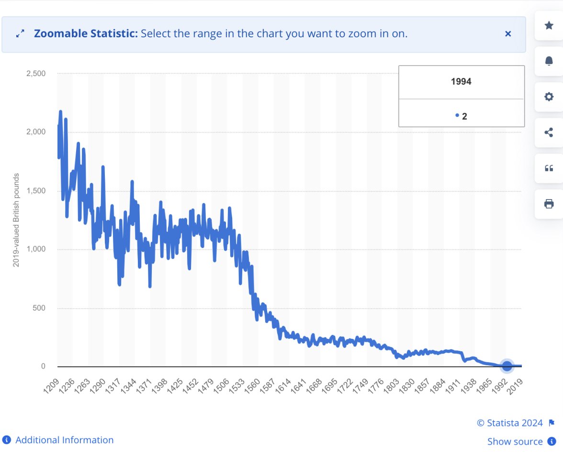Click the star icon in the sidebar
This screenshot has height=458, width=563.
click(x=549, y=25)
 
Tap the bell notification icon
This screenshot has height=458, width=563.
click(x=549, y=61)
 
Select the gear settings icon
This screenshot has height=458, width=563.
click(x=549, y=97)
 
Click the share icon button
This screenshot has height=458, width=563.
click(x=549, y=133)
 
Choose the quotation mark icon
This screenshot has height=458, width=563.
click(x=549, y=168)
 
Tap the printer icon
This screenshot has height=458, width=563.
click(x=549, y=204)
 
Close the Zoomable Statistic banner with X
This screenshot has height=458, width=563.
click(x=508, y=34)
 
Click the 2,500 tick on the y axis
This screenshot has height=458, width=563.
click(x=35, y=73)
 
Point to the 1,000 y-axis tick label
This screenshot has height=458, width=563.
click(x=35, y=249)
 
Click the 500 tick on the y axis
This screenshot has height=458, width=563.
click(x=38, y=308)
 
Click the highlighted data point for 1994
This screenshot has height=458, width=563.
click(x=507, y=367)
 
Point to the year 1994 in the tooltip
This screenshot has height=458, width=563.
click(x=461, y=82)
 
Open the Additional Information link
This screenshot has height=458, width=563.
click(x=64, y=440)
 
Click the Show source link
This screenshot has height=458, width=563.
click(x=515, y=442)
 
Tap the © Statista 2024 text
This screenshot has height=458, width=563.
click(x=510, y=423)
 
